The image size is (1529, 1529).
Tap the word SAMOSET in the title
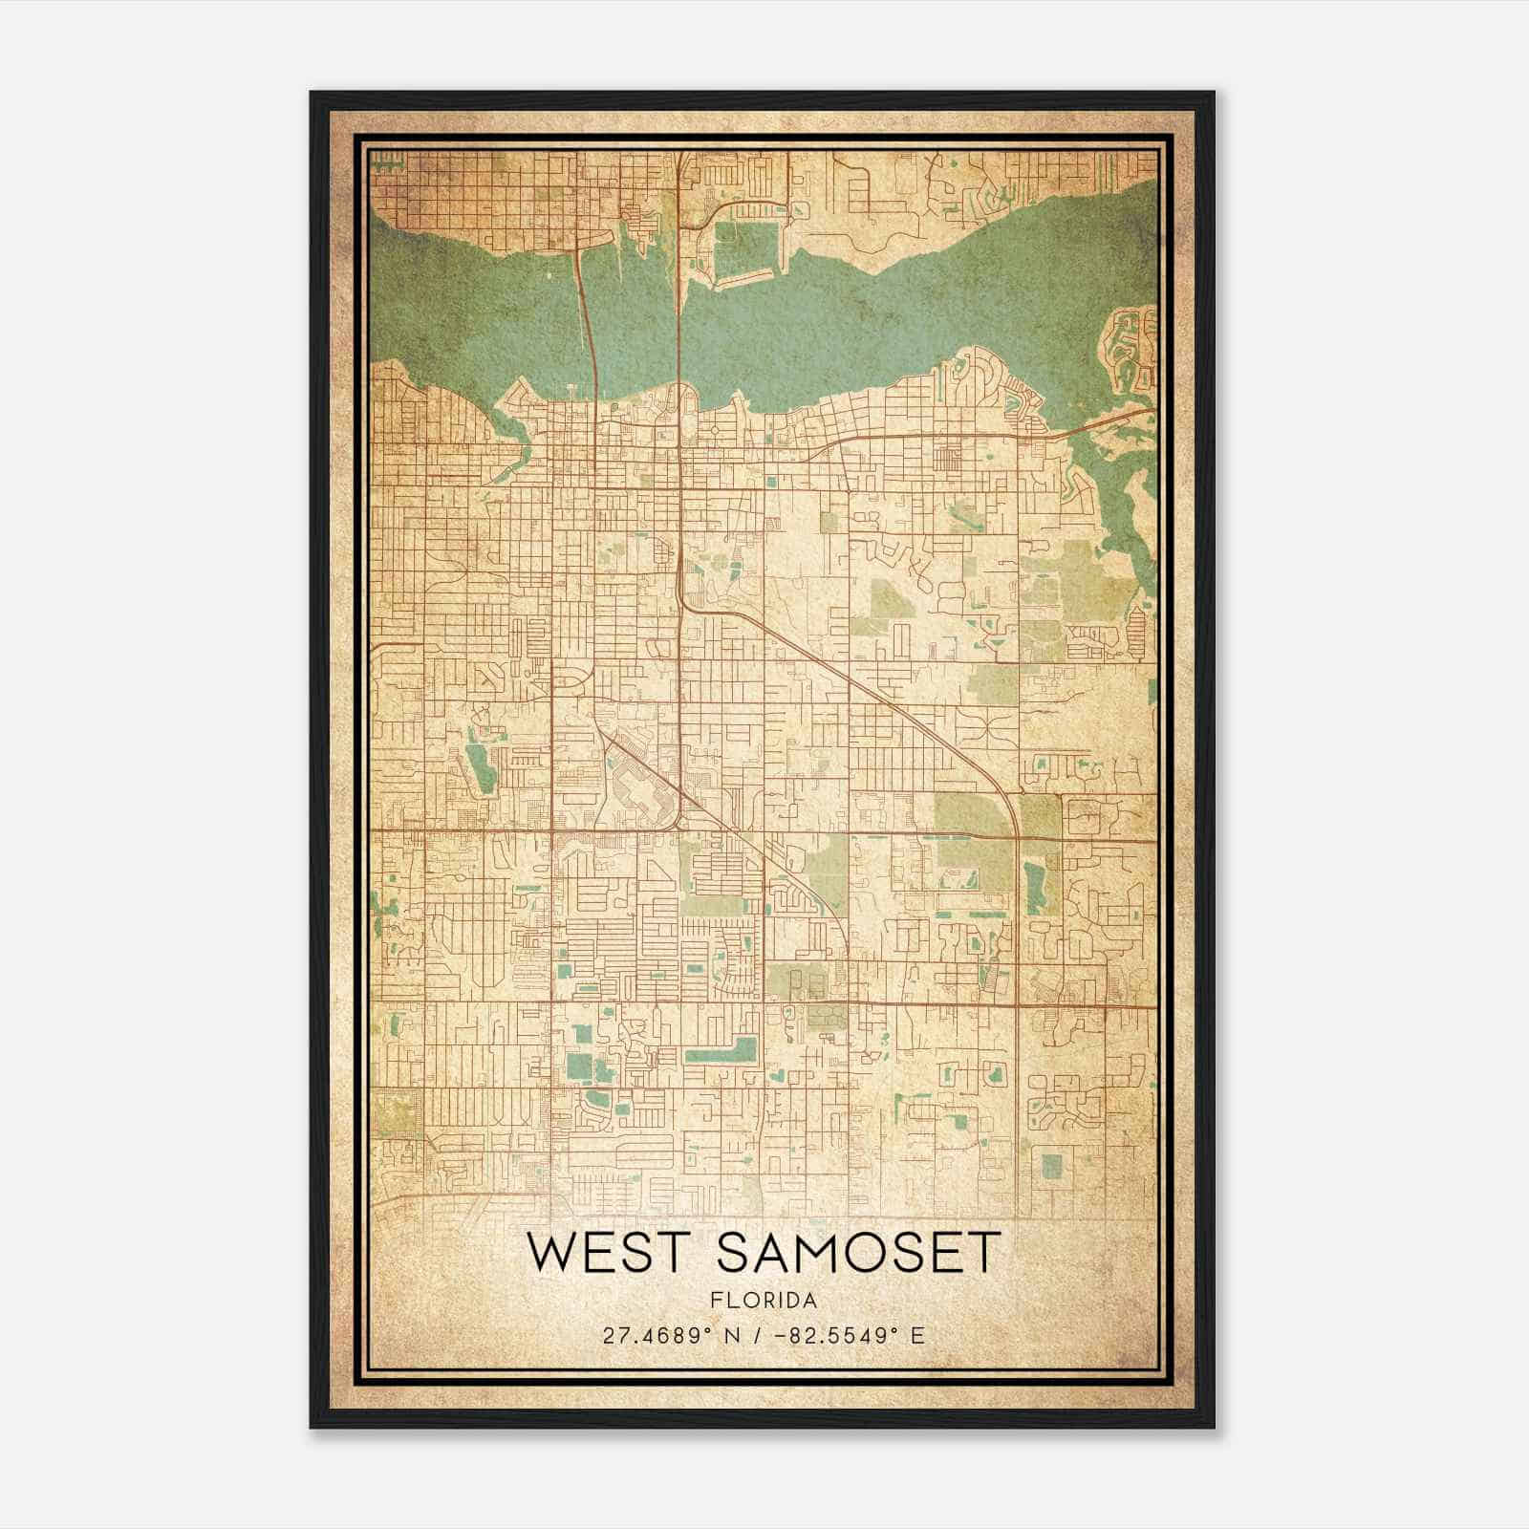tap(858, 1254)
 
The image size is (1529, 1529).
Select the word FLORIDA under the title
tap(764, 1301)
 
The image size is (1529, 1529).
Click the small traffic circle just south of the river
tap(716, 431)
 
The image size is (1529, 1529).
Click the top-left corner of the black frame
tap(312, 94)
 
